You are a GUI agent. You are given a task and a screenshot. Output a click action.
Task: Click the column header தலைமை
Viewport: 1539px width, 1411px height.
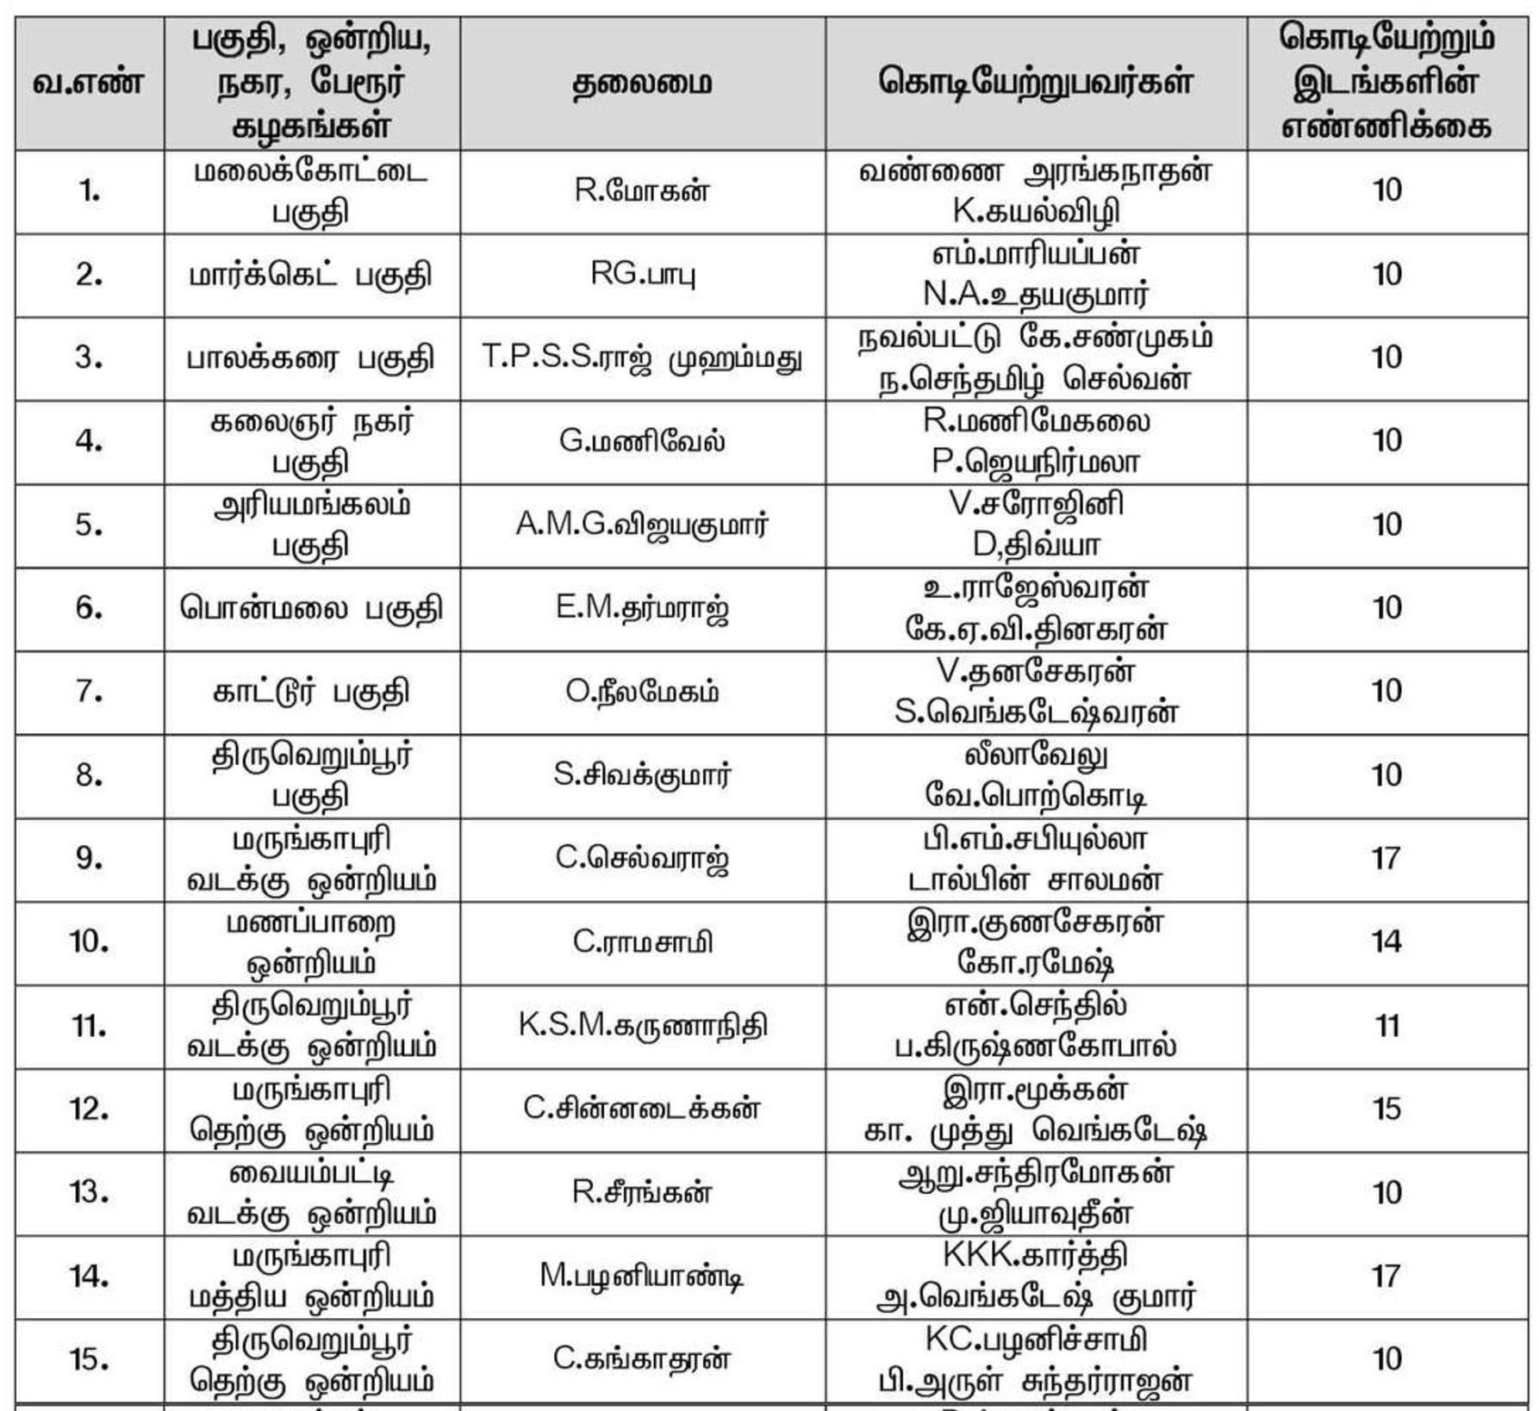click(x=642, y=84)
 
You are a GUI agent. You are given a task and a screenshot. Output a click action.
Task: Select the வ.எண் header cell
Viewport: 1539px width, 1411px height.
click(x=89, y=84)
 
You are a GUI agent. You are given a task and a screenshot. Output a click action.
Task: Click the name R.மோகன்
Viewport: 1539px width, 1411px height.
click(x=642, y=190)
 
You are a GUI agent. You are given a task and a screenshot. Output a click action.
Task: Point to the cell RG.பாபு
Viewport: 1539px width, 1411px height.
click(x=642, y=274)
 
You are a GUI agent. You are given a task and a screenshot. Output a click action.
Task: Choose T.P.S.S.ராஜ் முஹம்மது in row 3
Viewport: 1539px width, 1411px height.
click(x=642, y=357)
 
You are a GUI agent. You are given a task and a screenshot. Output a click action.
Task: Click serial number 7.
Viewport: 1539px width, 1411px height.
click(x=89, y=691)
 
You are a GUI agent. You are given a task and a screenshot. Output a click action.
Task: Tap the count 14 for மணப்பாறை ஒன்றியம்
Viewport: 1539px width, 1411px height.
click(x=1386, y=942)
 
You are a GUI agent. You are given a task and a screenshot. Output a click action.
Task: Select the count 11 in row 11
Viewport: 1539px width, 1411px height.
click(x=1386, y=1025)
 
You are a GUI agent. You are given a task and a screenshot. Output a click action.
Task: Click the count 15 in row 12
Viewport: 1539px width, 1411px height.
click(x=1386, y=1109)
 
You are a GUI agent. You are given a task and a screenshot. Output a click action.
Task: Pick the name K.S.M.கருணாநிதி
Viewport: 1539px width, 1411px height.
click(x=642, y=1025)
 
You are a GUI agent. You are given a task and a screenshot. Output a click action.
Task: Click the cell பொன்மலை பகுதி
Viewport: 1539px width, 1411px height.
click(x=311, y=608)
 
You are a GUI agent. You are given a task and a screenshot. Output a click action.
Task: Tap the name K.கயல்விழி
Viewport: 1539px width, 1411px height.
click(x=1035, y=211)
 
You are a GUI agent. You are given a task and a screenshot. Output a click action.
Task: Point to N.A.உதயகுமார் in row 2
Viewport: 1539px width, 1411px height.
click(x=1035, y=295)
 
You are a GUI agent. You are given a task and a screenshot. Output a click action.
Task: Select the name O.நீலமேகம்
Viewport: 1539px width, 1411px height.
click(x=642, y=691)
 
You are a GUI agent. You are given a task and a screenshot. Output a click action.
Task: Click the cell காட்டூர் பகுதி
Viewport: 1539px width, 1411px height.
click(x=311, y=691)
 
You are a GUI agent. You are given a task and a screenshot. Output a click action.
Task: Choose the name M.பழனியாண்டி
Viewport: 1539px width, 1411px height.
click(x=642, y=1276)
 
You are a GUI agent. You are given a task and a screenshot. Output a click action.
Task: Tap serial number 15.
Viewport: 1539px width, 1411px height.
click(x=89, y=1359)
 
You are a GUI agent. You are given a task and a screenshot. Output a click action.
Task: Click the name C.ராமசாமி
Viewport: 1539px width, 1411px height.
click(x=642, y=942)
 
